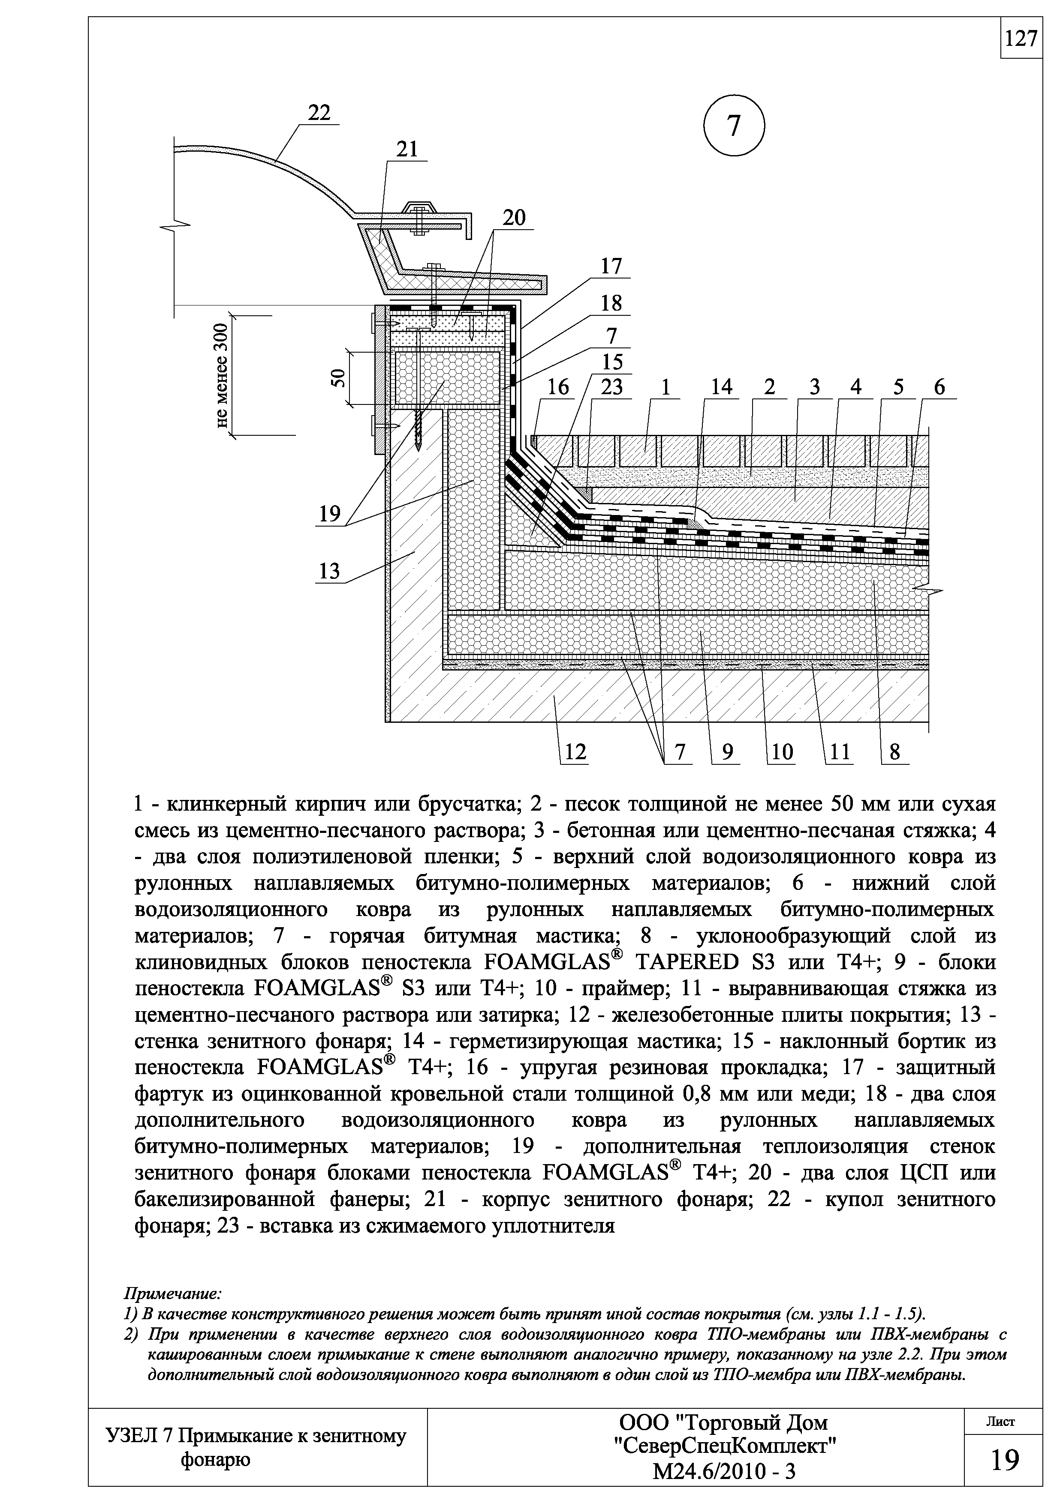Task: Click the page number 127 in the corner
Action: click(x=1021, y=39)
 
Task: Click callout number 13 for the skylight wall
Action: click(x=329, y=572)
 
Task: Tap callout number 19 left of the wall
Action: click(x=329, y=514)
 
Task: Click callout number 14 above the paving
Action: click(x=721, y=388)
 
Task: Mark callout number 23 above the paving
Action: click(x=612, y=388)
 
